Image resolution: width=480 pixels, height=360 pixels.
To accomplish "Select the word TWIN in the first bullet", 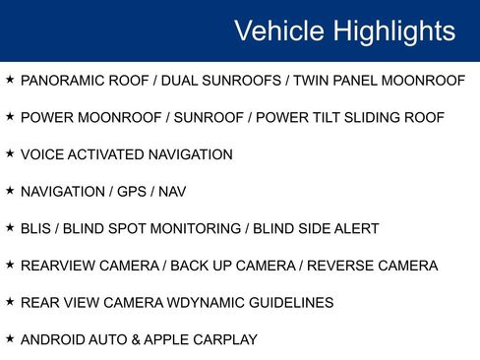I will [x=311, y=80].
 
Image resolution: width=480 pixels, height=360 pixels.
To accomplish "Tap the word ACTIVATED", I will [x=102, y=154].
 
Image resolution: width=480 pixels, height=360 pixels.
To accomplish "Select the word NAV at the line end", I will [x=173, y=192].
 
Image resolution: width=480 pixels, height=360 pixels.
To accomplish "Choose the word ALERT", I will [x=358, y=229].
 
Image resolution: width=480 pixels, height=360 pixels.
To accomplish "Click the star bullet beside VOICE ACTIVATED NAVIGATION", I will [x=10, y=153].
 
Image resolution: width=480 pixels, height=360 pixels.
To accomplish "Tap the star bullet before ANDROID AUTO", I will [x=10, y=339].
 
